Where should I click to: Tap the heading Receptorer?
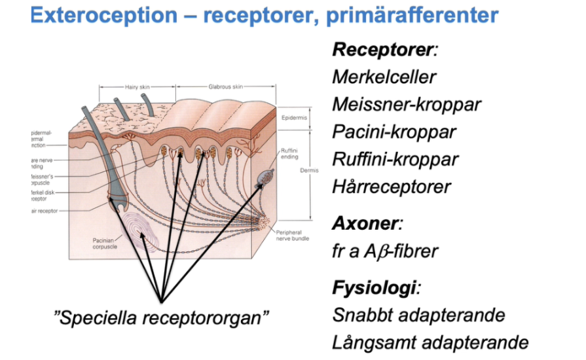(x=375, y=49)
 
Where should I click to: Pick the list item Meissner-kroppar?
(x=407, y=104)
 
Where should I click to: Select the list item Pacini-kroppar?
(x=394, y=132)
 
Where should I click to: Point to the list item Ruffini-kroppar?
(x=395, y=159)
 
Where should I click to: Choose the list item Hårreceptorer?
(x=392, y=187)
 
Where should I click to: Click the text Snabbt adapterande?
(x=418, y=315)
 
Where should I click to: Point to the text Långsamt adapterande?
(x=430, y=342)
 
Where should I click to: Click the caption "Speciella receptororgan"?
(x=161, y=319)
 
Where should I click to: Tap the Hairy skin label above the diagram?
(x=137, y=87)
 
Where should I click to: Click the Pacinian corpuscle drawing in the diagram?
(x=139, y=229)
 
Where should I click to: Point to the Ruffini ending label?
(x=289, y=153)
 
